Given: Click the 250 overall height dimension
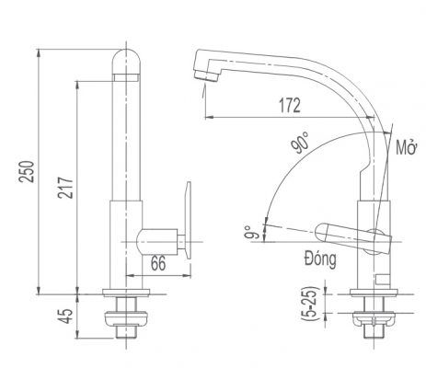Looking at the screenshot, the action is pos(28,172).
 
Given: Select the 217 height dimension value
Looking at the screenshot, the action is pos(66,188).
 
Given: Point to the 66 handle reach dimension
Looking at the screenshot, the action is pos(158,263).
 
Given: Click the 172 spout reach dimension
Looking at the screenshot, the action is pos(290,105).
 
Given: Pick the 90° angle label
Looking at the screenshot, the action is pos(300,144).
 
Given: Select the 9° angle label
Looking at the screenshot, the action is pos(249,233).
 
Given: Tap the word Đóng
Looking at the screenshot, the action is pos(320,259).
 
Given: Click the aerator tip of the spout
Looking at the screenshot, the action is pos(206,75).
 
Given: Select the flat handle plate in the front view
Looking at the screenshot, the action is pos(187,221).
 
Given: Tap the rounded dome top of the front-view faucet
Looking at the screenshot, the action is pos(126,62).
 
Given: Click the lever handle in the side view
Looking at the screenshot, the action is pos(352,238).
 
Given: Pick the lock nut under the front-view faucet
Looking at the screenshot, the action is pos(126,319).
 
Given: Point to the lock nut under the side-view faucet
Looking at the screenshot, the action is pos(374,319).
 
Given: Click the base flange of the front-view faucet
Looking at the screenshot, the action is pos(126,293).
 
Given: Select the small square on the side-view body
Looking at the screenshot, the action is pos(383,279).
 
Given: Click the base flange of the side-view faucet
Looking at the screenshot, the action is pos(374,293).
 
